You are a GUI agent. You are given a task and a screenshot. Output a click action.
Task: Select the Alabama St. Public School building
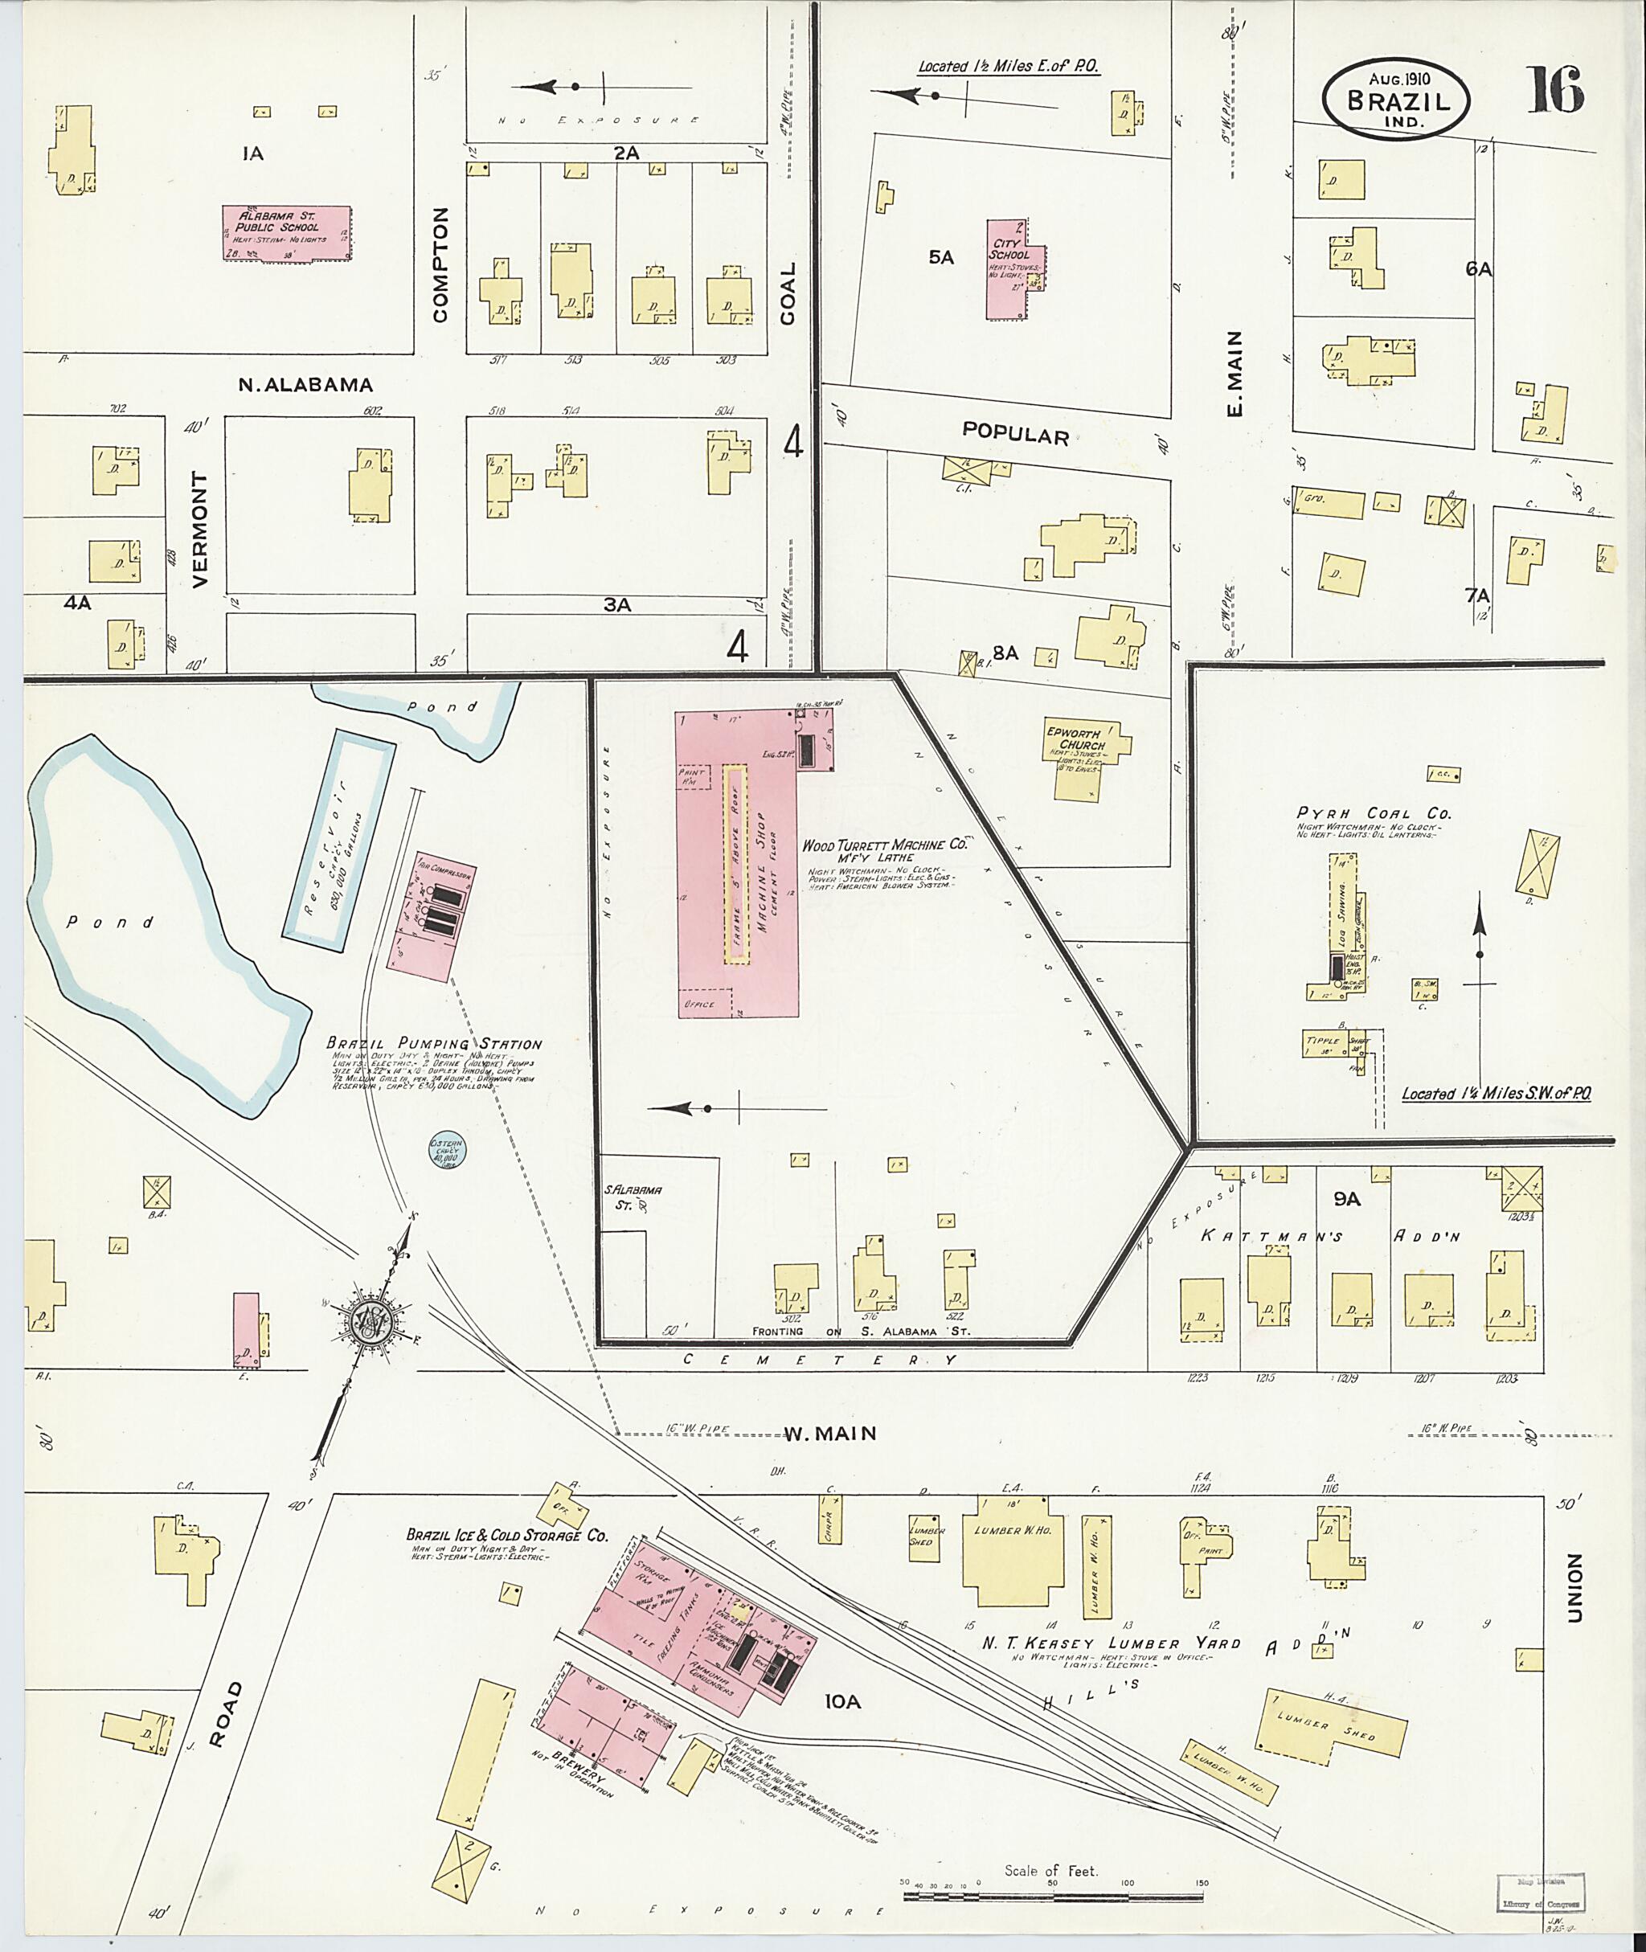[x=285, y=232]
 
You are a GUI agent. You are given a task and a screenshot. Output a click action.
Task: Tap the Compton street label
[x=440, y=265]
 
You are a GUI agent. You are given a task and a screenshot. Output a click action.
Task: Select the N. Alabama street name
[x=305, y=384]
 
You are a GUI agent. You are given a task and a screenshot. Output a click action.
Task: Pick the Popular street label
[x=1014, y=435]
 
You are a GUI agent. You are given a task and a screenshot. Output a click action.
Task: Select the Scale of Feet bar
[x=1054, y=1890]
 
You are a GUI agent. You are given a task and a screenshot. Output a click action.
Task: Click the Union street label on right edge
[x=1576, y=1587]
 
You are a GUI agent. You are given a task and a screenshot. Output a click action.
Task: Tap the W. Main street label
[x=829, y=1433]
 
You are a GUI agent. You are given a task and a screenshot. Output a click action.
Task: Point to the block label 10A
[x=841, y=1702]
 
